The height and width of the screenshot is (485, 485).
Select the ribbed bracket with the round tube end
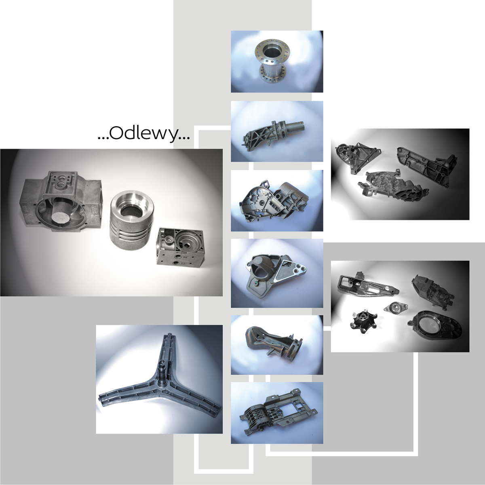coord(273,136)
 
